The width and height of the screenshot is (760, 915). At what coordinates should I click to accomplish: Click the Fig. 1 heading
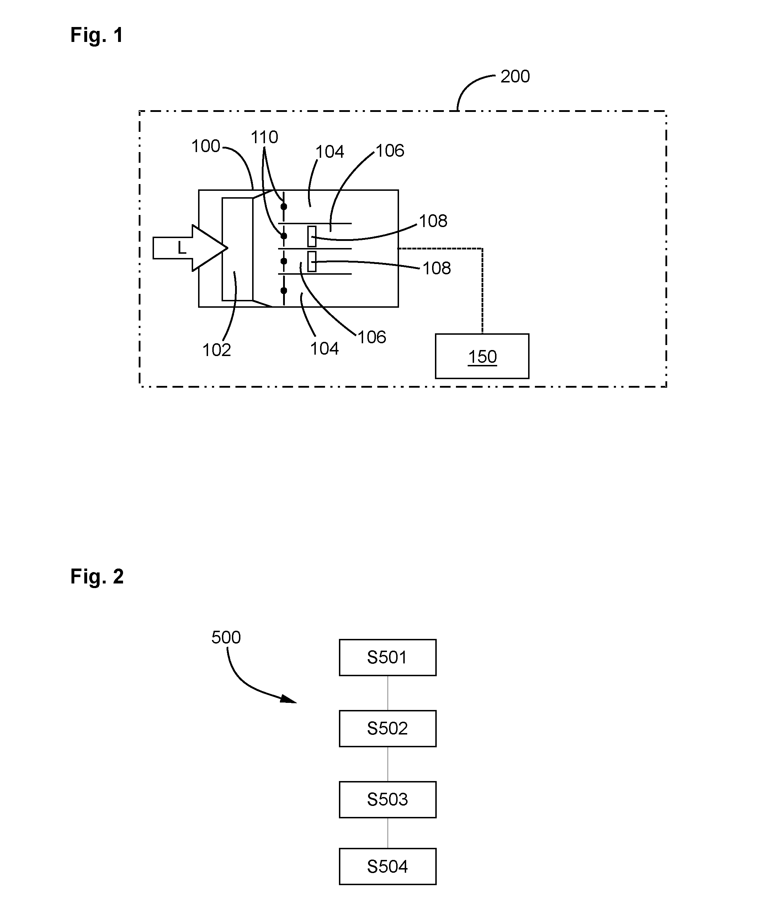(97, 35)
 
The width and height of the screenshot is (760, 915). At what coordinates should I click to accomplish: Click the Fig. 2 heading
(97, 576)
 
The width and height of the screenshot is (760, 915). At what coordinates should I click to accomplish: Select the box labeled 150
(482, 356)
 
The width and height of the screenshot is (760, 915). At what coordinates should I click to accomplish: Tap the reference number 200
(515, 76)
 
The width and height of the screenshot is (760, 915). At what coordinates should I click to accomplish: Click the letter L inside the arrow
(182, 248)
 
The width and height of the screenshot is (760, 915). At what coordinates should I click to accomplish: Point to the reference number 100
(206, 146)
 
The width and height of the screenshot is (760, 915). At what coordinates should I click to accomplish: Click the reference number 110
(264, 137)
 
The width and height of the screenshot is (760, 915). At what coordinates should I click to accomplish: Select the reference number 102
(216, 350)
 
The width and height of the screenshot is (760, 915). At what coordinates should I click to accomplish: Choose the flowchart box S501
(388, 657)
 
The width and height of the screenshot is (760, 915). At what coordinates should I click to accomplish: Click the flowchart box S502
(388, 728)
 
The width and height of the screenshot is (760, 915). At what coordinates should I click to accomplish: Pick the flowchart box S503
(388, 800)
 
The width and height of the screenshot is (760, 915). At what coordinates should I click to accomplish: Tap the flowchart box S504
(388, 866)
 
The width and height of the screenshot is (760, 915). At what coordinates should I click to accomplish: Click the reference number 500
(226, 637)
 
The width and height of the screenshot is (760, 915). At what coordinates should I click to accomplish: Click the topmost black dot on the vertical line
(283, 206)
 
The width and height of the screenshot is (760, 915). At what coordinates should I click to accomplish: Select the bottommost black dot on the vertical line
(283, 290)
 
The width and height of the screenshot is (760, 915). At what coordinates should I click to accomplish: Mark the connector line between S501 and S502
(388, 693)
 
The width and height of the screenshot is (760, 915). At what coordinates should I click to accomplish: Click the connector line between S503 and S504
(388, 833)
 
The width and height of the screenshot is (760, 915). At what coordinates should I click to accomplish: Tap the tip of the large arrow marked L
(227, 248)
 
